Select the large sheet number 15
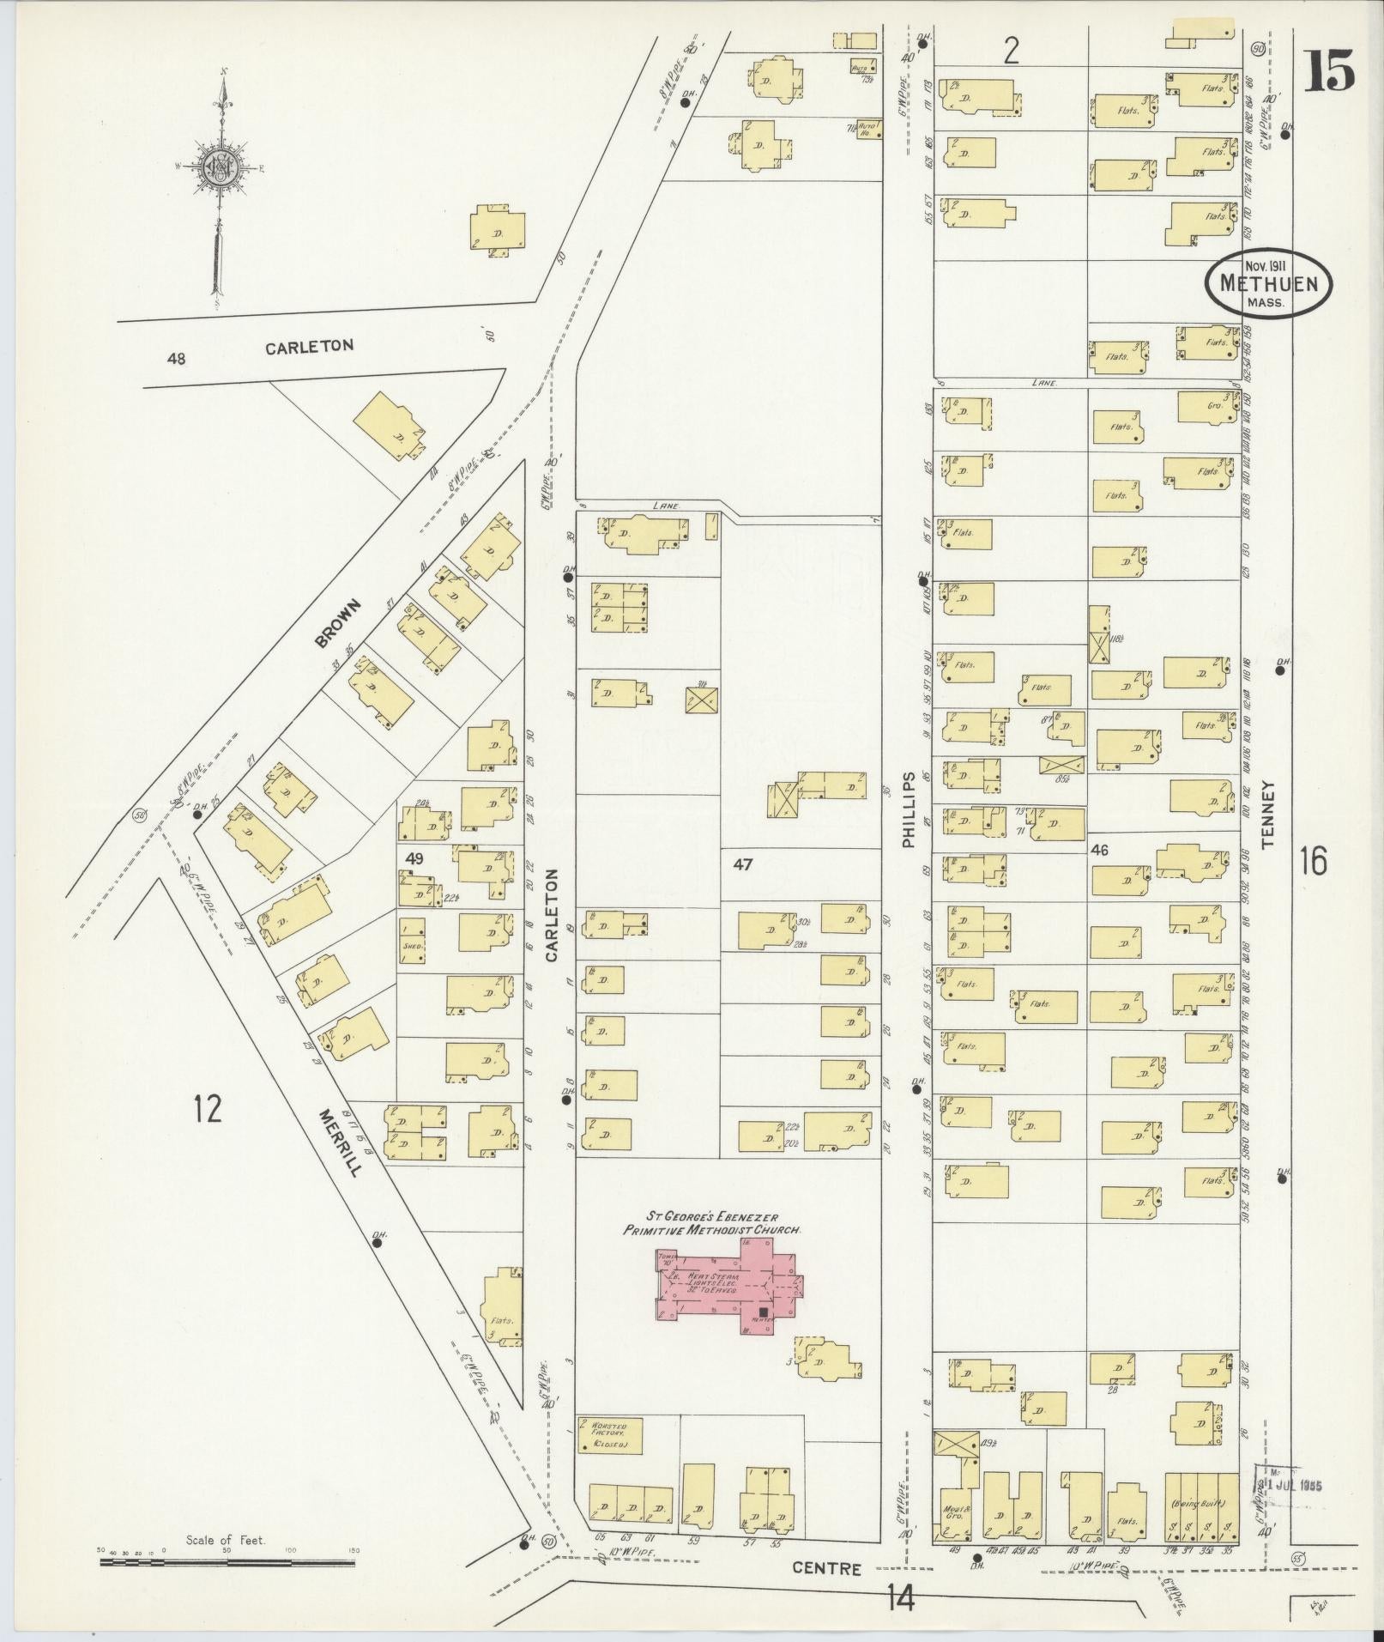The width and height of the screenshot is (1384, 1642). (1330, 70)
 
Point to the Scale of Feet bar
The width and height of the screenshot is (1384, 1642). (227, 1563)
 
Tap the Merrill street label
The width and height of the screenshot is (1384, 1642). (341, 1142)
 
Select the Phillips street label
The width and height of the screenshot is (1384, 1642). (910, 808)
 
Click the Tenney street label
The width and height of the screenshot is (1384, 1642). (1269, 815)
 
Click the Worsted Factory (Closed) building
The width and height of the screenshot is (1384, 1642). (609, 1435)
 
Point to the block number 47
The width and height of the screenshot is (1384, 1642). (742, 864)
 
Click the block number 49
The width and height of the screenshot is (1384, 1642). (415, 857)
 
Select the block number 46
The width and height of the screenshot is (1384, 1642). (1099, 850)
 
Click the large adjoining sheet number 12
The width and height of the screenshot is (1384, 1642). (208, 1109)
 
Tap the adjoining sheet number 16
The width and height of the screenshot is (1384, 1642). (1313, 859)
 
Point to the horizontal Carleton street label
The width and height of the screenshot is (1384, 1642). (309, 347)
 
